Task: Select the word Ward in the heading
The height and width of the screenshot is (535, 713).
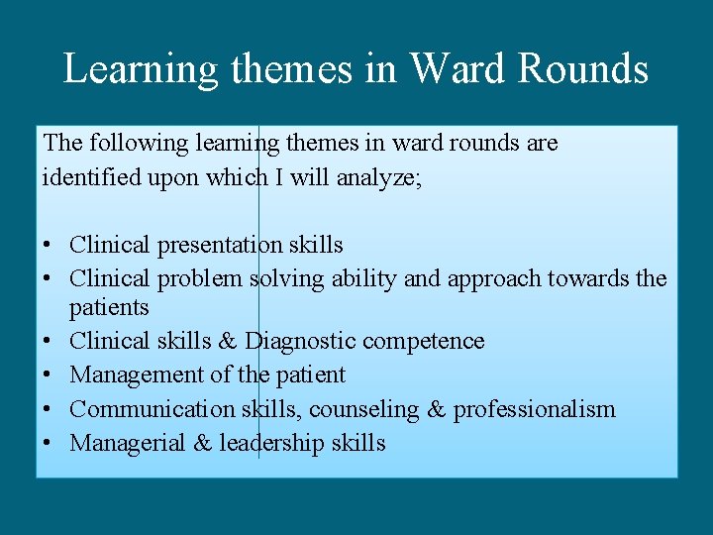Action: [458, 68]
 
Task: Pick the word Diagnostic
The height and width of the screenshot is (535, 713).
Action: [300, 341]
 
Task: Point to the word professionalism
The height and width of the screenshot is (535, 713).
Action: [534, 409]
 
